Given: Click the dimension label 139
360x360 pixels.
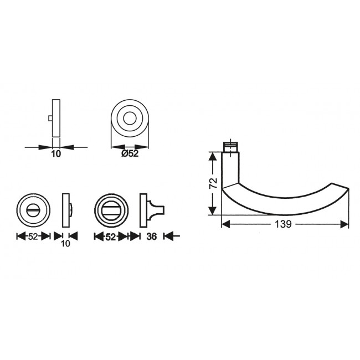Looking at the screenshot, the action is coord(283,224).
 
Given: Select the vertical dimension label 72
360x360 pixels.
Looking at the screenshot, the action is coord(214,183).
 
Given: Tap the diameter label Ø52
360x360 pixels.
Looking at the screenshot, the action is coord(130,153).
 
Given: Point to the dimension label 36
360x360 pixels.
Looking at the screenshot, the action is coord(152,236).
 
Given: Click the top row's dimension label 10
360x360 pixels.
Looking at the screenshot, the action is coord(56,153).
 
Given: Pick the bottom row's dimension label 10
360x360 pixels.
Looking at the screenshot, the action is coord(66,243).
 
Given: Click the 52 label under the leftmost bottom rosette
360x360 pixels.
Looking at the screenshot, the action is coord(33,236).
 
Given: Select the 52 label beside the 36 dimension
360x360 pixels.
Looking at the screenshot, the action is coord(110,236).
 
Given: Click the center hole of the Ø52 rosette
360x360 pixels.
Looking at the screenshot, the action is coord(130,119).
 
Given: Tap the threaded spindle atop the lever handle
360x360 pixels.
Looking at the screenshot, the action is coord(230,147).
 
